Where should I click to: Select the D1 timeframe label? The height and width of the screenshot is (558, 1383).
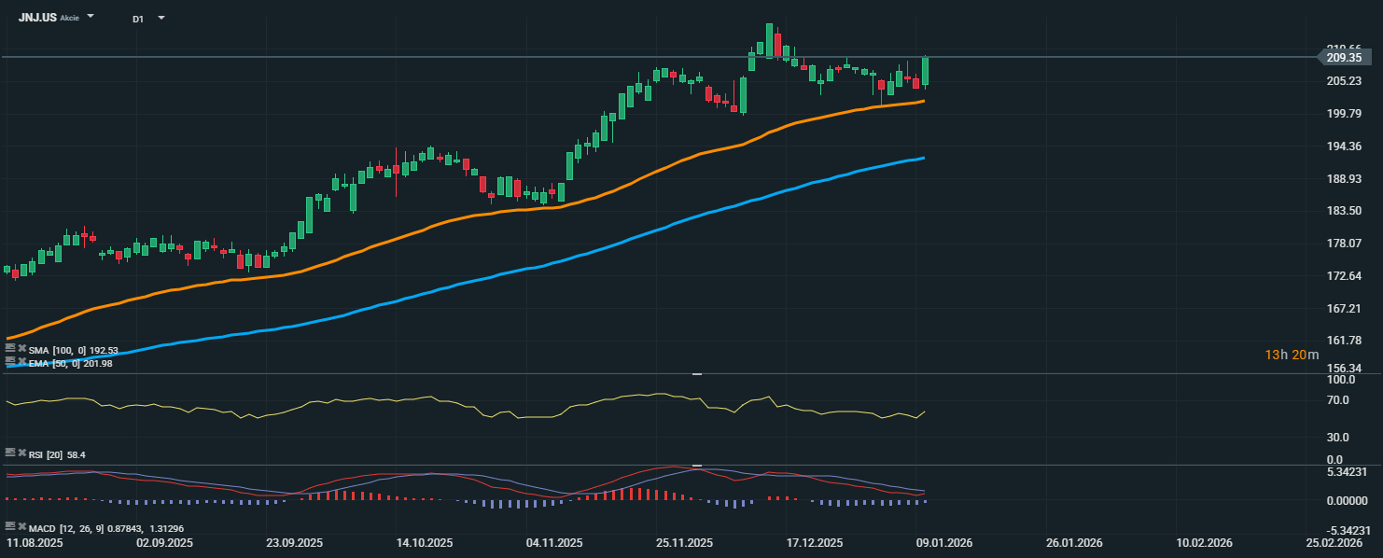tap(138, 19)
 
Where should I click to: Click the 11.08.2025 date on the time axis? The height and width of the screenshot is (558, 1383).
tap(35, 542)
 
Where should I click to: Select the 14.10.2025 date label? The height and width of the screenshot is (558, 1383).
tap(425, 542)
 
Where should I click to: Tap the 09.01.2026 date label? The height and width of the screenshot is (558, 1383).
tap(944, 542)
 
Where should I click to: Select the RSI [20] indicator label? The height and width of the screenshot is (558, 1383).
tap(45, 454)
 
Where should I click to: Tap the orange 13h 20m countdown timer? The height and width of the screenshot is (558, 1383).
tap(1292, 355)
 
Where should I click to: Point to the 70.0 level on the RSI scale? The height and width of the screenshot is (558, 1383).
tap(1339, 401)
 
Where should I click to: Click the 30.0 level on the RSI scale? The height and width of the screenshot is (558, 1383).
tap(1339, 437)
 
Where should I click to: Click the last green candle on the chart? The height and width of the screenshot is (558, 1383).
tap(925, 71)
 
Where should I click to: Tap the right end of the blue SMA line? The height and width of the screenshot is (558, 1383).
tap(922, 159)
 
